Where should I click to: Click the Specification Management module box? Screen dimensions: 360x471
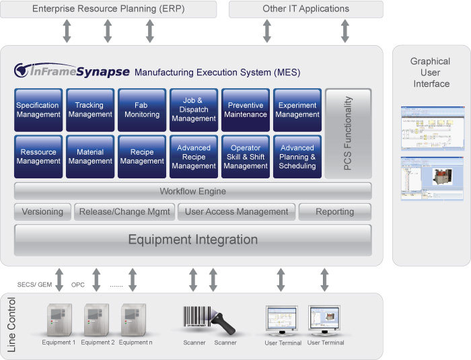coord(38,110)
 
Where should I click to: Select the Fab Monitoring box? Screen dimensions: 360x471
coord(141,110)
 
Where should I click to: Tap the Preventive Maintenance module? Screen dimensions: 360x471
coord(246,110)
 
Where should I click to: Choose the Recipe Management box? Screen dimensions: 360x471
coord(141,157)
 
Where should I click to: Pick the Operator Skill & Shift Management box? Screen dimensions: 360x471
coord(246,157)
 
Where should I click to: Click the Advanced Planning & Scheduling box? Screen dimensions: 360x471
coord(297,157)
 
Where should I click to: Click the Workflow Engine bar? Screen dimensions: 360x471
coord(192,191)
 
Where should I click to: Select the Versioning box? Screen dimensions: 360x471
coord(42,211)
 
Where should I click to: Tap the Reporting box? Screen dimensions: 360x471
coord(334,211)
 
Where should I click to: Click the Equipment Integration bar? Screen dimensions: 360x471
coord(192,240)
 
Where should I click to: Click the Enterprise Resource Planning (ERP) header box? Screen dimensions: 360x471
coord(108,9)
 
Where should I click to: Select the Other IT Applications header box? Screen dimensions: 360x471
coord(305,9)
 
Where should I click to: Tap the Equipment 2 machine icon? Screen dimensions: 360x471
coord(97,320)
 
